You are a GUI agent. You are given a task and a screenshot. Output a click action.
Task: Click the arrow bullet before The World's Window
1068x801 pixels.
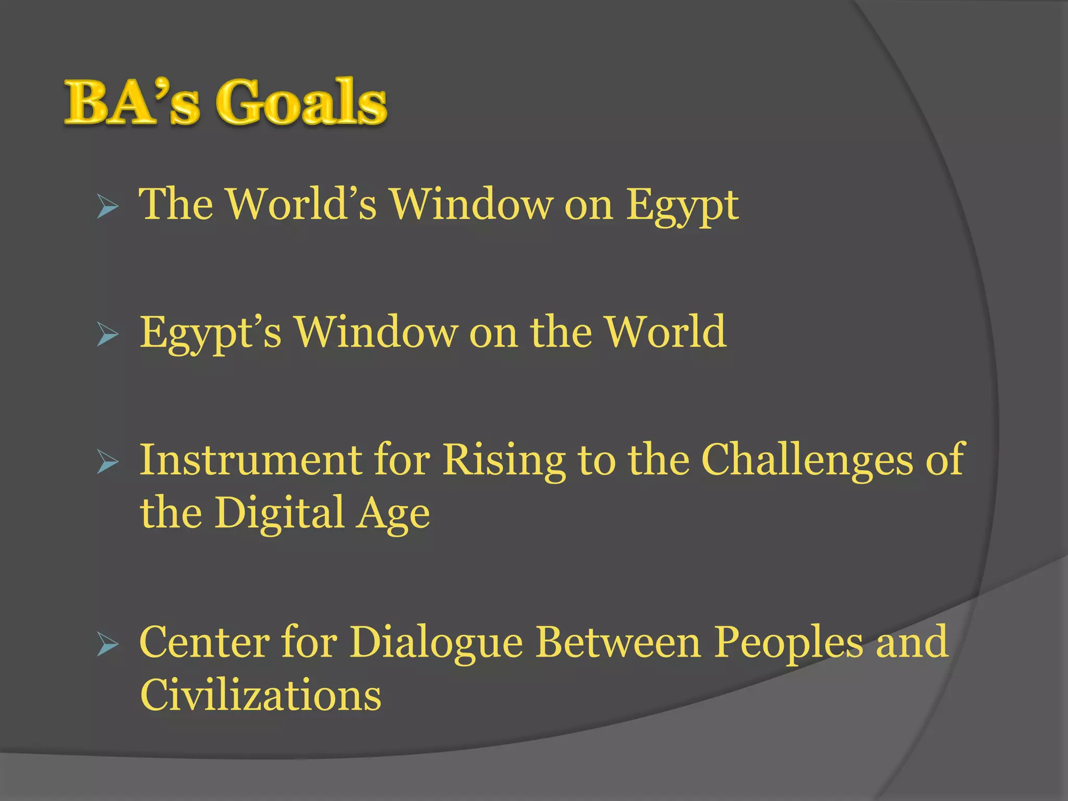(x=108, y=208)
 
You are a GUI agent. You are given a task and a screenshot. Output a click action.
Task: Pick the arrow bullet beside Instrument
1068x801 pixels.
(x=108, y=464)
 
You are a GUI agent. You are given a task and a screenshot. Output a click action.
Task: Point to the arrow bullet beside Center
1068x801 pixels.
(x=108, y=645)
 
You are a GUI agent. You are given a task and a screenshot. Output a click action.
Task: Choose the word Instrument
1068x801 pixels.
(x=250, y=460)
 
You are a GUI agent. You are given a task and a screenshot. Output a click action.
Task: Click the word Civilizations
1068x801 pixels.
(x=261, y=695)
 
